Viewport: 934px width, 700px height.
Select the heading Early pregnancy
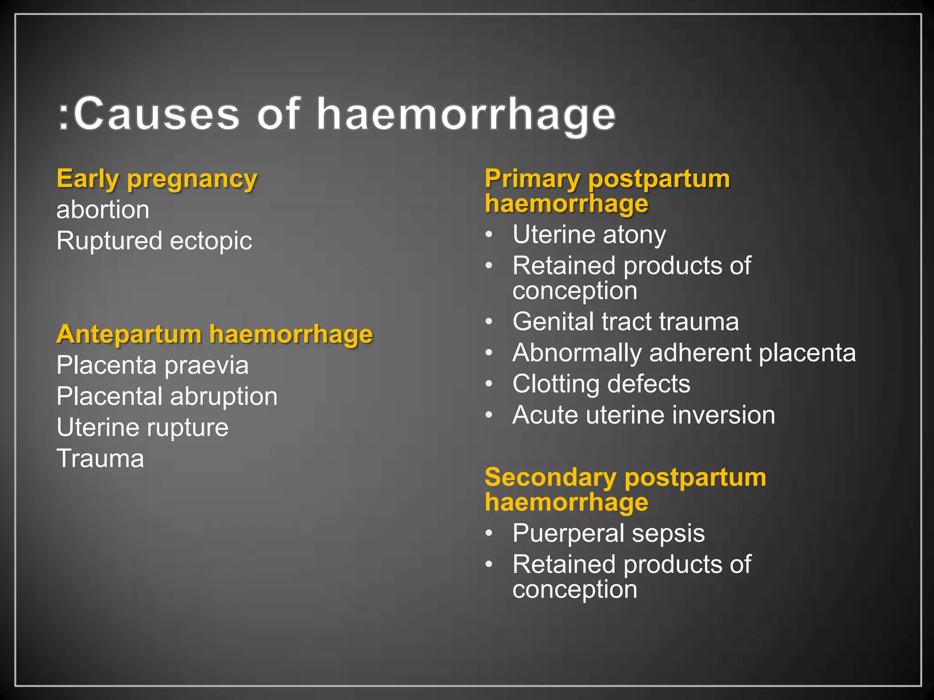(157, 179)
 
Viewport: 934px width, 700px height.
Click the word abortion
(103, 210)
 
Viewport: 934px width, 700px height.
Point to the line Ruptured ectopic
(154, 241)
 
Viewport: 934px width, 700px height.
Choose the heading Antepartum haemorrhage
(214, 335)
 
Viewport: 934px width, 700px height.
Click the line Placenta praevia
(152, 365)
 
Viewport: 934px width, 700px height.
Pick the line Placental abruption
(167, 396)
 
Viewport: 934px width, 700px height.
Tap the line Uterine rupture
(142, 427)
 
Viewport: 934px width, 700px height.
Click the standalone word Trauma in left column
(100, 458)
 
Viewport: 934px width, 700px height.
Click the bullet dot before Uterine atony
(489, 235)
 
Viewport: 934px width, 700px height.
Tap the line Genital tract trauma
(625, 322)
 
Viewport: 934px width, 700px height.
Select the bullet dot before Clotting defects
(489, 384)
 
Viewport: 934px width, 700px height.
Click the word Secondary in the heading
(550, 478)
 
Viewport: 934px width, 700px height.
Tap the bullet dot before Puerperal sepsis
(489, 533)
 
